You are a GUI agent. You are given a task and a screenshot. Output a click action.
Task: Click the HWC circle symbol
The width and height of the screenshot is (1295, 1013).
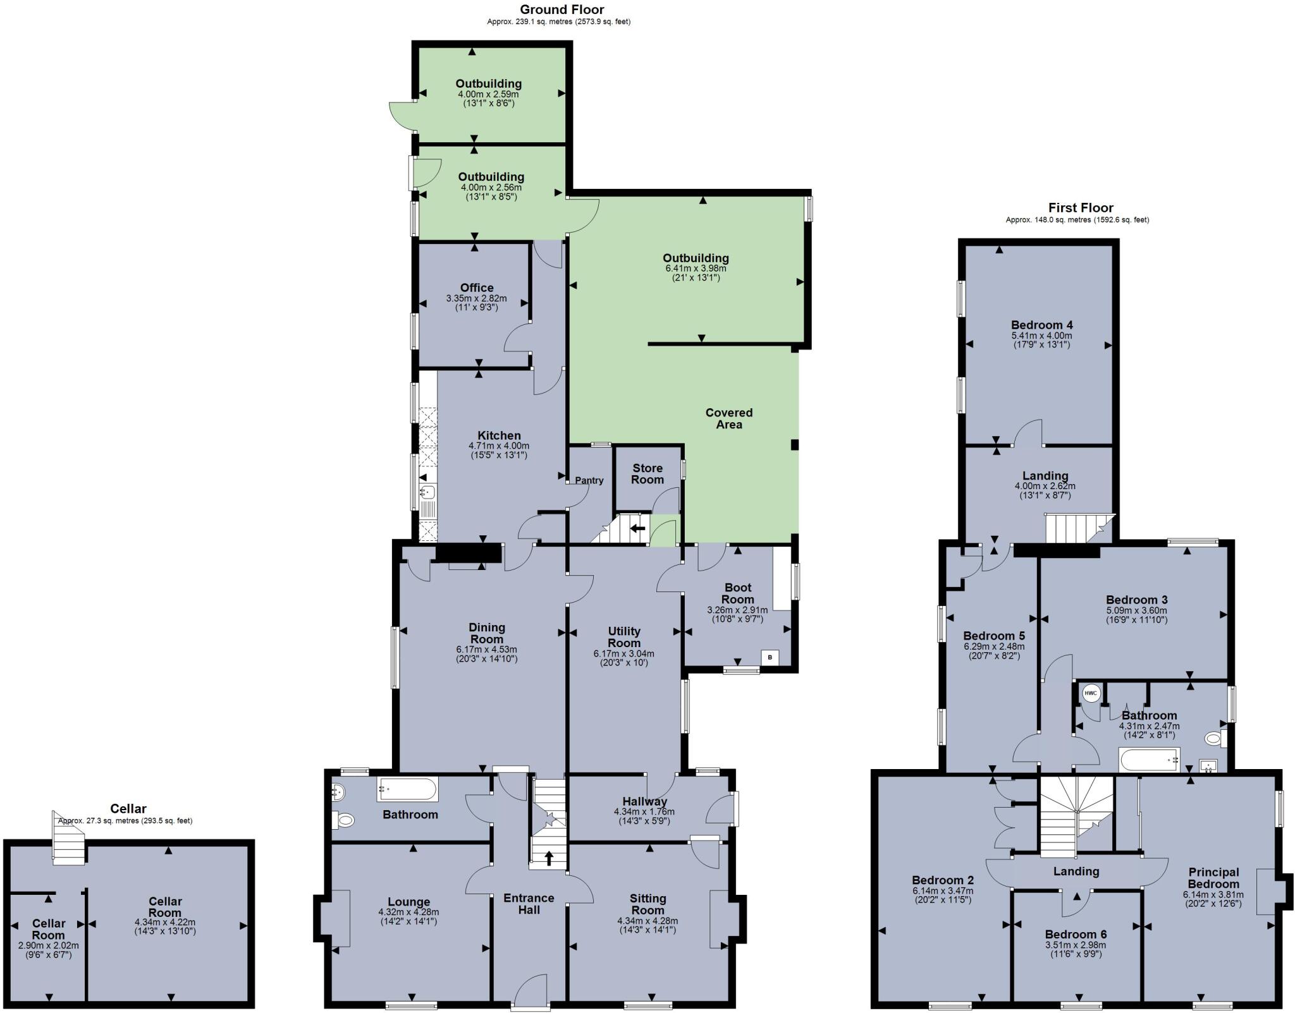1091,693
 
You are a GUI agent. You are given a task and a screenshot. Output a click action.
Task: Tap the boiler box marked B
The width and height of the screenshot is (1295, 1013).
770,657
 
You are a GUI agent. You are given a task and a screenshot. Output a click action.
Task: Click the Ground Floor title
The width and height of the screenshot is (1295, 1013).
562,9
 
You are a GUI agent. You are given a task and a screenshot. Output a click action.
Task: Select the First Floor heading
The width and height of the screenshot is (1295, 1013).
1081,207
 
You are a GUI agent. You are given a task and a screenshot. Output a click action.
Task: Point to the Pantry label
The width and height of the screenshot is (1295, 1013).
589,480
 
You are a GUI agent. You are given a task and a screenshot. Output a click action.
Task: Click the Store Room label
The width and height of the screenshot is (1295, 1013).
647,474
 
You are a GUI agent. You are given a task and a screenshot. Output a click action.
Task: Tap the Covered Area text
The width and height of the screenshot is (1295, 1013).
728,418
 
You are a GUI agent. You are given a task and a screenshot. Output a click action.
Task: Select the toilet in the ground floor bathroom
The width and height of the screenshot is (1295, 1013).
344,820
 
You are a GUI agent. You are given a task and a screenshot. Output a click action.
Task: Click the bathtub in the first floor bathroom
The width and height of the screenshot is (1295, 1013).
1149,760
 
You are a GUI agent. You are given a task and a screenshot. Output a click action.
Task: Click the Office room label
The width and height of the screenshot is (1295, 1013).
477,288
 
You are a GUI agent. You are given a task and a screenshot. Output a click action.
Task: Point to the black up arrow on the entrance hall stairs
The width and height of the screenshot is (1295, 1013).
548,858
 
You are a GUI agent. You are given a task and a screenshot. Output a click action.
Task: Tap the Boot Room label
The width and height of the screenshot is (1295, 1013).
737,593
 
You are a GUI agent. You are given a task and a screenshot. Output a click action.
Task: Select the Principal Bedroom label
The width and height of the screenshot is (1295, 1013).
1213,878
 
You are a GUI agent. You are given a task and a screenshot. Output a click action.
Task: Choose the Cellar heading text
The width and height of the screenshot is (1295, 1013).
128,808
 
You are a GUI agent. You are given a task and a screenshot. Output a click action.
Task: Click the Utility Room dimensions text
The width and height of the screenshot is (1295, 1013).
623,658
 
